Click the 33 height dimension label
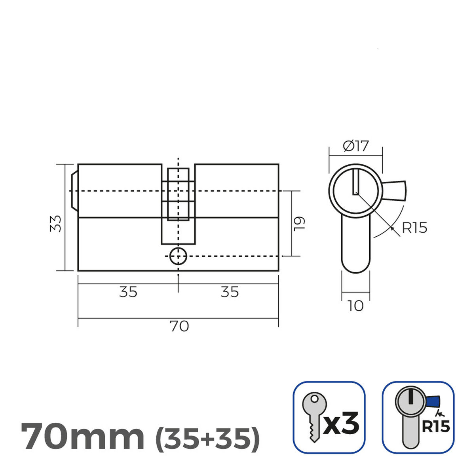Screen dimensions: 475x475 tap(57, 224)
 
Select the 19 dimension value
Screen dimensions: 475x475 tap(300, 224)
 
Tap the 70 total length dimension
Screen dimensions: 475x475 tap(179, 327)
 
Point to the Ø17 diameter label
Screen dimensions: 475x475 tap(355, 146)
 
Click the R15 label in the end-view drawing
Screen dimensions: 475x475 tap(414, 228)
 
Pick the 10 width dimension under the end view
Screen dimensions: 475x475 tap(355, 306)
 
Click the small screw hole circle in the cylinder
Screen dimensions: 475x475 tap(178, 256)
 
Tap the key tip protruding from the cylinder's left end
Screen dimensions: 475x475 tap(74, 191)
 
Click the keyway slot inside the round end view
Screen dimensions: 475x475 tap(355, 182)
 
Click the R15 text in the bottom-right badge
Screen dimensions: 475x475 tap(435, 427)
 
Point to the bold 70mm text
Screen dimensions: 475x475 tap(82, 437)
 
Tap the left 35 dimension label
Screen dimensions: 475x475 tap(128, 292)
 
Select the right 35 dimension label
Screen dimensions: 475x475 tap(230, 292)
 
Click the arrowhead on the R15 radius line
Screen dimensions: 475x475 tap(392, 228)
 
